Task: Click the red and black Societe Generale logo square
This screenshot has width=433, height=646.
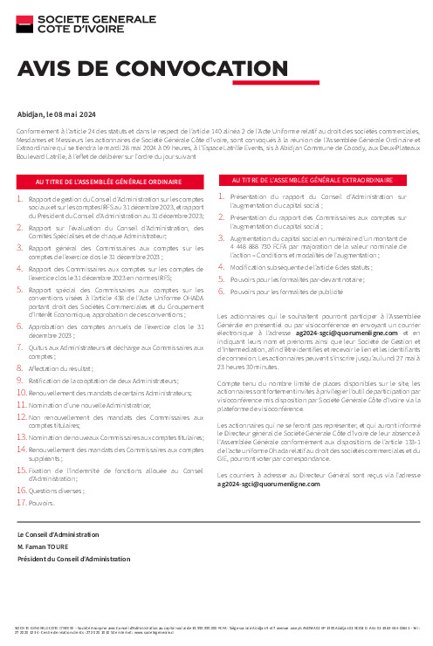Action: pyautogui.click(x=24, y=25)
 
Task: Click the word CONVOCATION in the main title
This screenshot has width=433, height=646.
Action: pyautogui.click(x=153, y=71)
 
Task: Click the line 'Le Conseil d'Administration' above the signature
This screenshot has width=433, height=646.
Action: pyautogui.click(x=58, y=533)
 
